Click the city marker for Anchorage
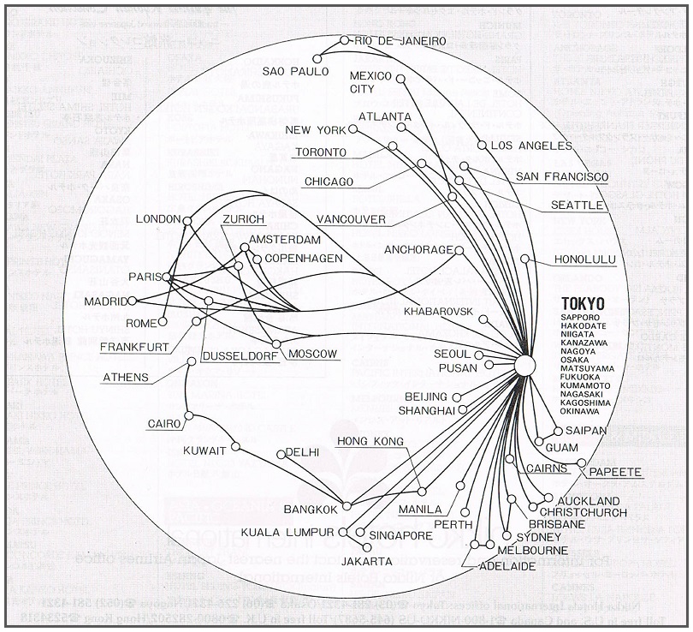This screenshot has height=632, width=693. pyautogui.click(x=459, y=250)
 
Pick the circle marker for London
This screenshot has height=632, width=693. pyautogui.click(x=187, y=220)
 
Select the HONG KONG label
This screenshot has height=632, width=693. pyautogui.click(x=370, y=441)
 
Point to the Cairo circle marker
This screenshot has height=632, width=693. pyautogui.click(x=190, y=416)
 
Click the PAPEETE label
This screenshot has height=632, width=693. pyautogui.click(x=614, y=472)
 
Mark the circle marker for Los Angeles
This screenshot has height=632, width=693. pyautogui.click(x=483, y=146)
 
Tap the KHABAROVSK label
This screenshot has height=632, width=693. pyautogui.click(x=438, y=310)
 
